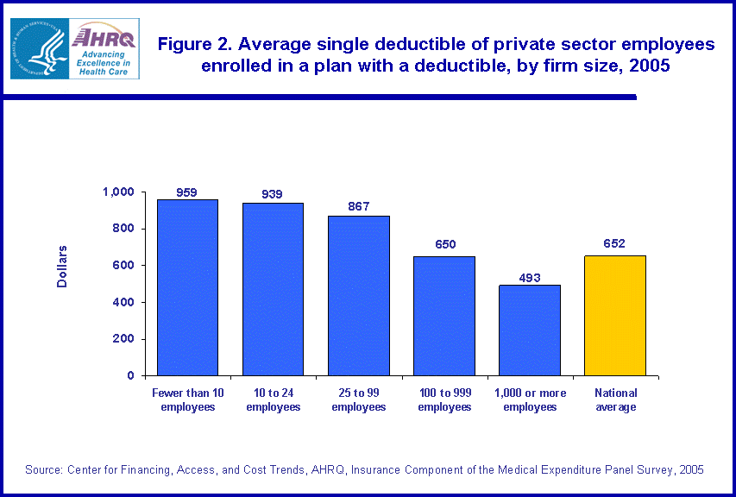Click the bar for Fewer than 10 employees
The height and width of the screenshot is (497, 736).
pyautogui.click(x=187, y=287)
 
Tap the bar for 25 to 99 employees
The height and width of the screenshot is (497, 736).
pyautogui.click(x=358, y=296)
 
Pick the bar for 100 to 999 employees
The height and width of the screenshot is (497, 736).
pyautogui.click(x=443, y=316)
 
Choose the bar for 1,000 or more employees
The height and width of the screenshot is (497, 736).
pyautogui.click(x=530, y=330)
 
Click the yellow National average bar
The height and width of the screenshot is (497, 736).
pyautogui.click(x=615, y=316)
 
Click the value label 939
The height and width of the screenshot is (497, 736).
pyautogui.click(x=273, y=195)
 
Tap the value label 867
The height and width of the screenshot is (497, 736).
pyautogui.click(x=358, y=207)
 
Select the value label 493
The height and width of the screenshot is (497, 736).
pyautogui.click(x=530, y=277)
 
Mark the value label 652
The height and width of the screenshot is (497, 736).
pyautogui.click(x=615, y=244)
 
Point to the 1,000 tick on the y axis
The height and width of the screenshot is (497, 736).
pyautogui.click(x=121, y=192)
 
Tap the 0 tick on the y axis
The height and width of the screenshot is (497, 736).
pyautogui.click(x=131, y=376)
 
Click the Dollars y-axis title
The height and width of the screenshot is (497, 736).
pyautogui.click(x=62, y=267)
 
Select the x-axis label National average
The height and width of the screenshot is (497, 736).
pyautogui.click(x=615, y=399)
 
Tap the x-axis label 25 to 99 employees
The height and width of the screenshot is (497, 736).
pyautogui.click(x=358, y=399)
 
